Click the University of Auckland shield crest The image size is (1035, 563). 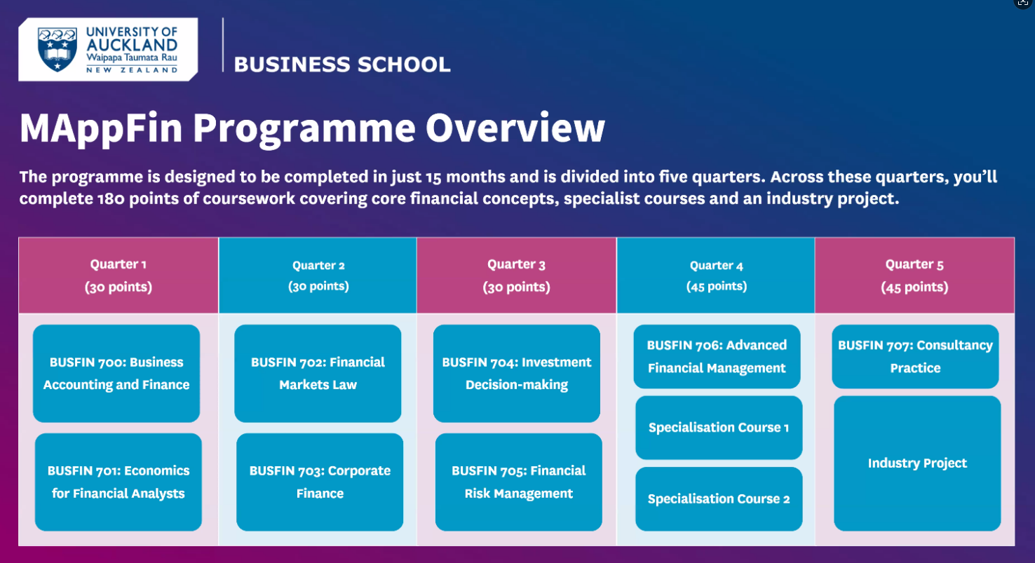click(x=57, y=49)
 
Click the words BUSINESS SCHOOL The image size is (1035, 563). click(x=342, y=65)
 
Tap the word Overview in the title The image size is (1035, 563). click(x=515, y=128)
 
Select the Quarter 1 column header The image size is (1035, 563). click(x=119, y=276)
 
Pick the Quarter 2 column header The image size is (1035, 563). click(x=318, y=276)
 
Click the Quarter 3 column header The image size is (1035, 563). click(x=517, y=276)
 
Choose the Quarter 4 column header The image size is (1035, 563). click(x=716, y=276)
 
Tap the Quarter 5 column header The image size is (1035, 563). click(x=915, y=276)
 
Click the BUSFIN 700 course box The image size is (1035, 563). click(x=116, y=373)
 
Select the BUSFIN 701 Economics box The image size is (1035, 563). click(x=119, y=482)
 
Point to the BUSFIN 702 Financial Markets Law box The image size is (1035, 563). click(x=318, y=373)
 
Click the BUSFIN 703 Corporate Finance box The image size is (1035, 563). click(x=320, y=482)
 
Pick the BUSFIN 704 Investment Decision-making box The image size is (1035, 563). click(x=517, y=373)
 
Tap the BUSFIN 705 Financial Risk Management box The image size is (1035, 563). click(x=518, y=482)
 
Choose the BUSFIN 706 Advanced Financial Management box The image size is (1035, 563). click(x=717, y=357)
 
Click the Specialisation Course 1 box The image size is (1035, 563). click(x=719, y=428)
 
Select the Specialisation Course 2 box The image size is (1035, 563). click(x=719, y=498)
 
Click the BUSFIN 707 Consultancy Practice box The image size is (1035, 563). click(x=915, y=357)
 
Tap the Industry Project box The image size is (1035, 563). click(x=917, y=463)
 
